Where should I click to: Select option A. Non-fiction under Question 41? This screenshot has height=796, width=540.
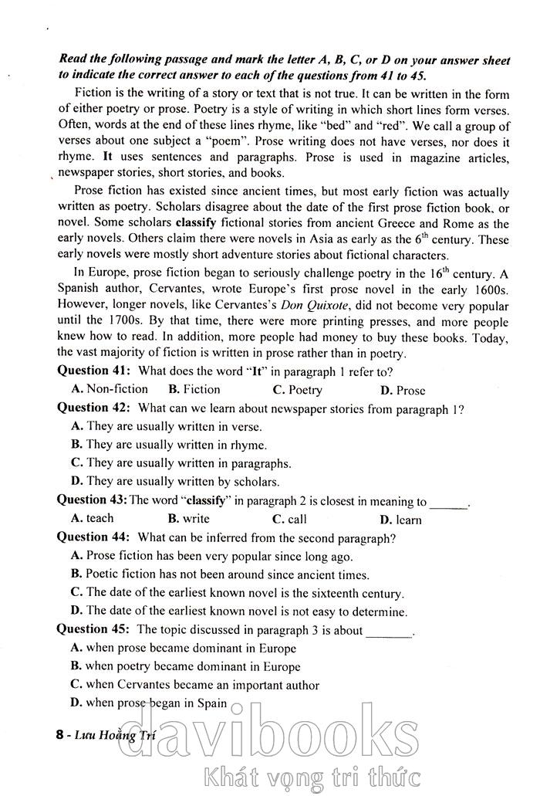110,389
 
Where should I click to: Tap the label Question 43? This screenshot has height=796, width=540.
92,500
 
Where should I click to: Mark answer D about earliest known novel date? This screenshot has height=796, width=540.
238,611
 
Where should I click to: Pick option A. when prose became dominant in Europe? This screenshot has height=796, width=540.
183,649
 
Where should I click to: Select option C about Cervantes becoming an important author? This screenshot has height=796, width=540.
194,685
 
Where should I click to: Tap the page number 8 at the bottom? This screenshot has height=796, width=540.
60,737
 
